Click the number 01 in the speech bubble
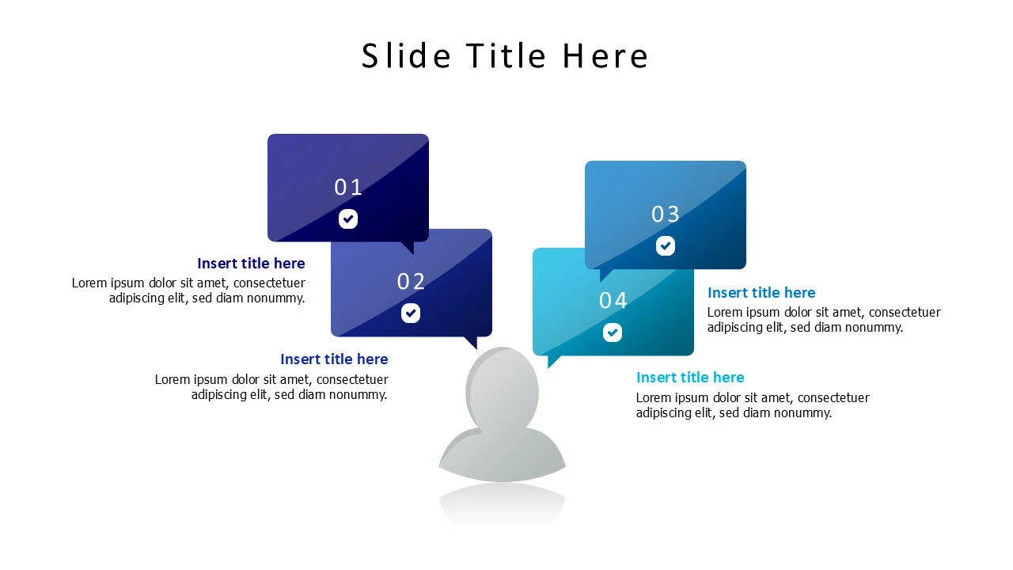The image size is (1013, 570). pos(348,188)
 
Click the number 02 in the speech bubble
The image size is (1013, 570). pos(412,282)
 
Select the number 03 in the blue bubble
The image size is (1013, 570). pos(666,215)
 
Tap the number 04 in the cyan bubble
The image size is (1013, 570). pos(613,301)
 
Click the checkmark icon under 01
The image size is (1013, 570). pos(348,219)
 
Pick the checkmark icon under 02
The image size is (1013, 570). pos(411,313)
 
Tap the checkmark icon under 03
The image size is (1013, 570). pos(666,246)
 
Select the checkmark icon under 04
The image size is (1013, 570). pos(613,332)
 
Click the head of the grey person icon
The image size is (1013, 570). pos(503,388)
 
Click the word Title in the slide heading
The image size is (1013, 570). pos(506,56)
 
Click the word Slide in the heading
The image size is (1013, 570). pos(406,56)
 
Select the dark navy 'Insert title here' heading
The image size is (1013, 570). pos(251,264)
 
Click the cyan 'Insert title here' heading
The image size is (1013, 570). pos(690,378)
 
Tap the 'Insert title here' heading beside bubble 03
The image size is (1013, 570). pos(761,293)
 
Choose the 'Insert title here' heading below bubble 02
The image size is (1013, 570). pos(334,359)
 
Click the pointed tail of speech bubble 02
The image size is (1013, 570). pos(472,342)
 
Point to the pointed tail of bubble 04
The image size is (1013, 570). pos(552,361)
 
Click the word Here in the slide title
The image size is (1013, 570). pos(605,56)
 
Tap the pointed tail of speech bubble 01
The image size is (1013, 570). pos(408,247)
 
